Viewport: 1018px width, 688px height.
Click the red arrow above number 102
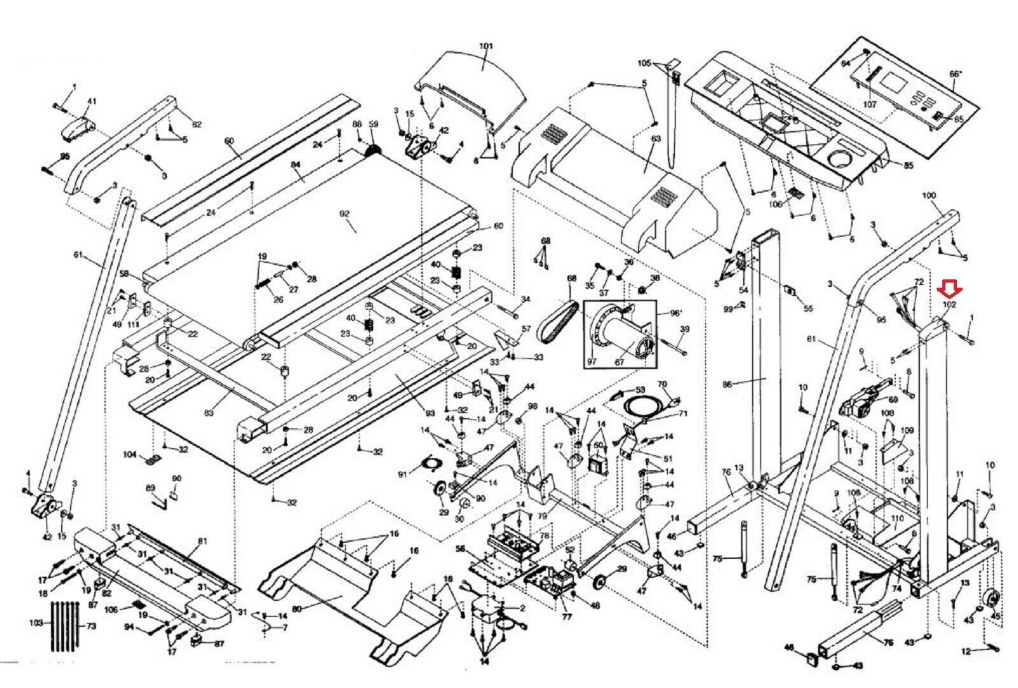pyautogui.click(x=949, y=290)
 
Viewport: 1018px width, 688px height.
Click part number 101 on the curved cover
pyautogui.click(x=485, y=46)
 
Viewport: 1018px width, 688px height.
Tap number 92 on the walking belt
pyautogui.click(x=345, y=214)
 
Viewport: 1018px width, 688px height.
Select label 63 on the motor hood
pyautogui.click(x=656, y=139)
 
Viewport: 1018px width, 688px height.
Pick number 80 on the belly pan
pyautogui.click(x=296, y=609)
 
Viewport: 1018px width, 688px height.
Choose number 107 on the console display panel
pyautogui.click(x=869, y=104)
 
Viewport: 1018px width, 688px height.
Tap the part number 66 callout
pyautogui.click(x=955, y=74)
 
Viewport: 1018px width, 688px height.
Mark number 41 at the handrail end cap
pyautogui.click(x=92, y=101)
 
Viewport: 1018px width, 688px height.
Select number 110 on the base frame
pyautogui.click(x=897, y=519)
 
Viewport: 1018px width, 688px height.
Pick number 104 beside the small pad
pyautogui.click(x=129, y=455)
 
